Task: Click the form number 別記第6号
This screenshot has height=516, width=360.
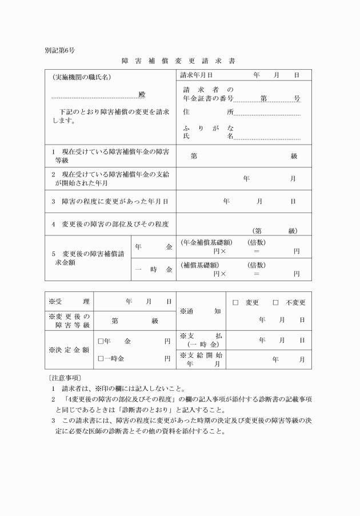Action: click(59, 50)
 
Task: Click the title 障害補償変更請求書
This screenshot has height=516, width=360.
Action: click(178, 61)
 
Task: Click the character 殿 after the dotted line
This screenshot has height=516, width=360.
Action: click(142, 94)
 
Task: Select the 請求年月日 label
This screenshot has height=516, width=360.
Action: click(196, 75)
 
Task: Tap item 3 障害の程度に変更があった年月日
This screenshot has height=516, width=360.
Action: click(110, 201)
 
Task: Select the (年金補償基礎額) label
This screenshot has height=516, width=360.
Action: click(205, 242)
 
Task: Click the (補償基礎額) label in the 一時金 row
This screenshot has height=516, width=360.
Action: click(199, 265)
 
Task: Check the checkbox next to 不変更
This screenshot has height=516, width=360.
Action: click(275, 302)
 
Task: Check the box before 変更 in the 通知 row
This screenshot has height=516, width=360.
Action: click(235, 302)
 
